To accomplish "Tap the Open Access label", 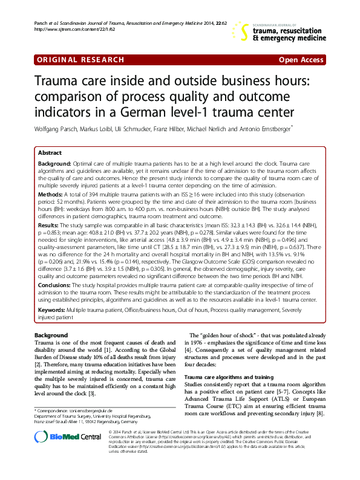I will pyautogui.click(x=302, y=60).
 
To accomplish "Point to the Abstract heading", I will pyautogui.click(x=50, y=154).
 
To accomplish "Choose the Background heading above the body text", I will pyautogui.click(x=51, y=334).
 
